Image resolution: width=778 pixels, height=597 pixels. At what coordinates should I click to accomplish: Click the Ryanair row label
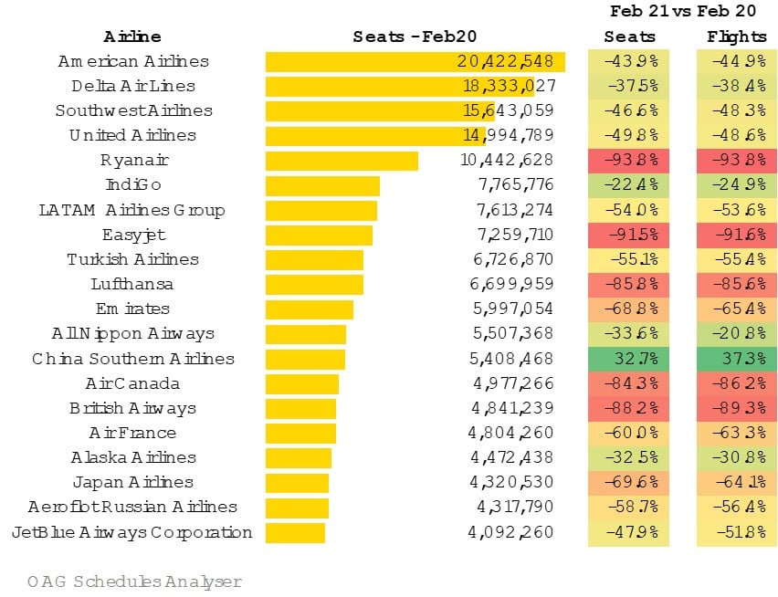point(135,161)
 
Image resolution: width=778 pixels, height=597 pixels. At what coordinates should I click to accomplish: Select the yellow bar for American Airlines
point(415,62)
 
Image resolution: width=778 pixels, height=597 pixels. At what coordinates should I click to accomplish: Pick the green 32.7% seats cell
point(630,359)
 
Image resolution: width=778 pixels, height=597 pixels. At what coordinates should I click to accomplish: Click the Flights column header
point(736,37)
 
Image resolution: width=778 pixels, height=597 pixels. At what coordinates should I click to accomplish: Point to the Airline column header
point(132,37)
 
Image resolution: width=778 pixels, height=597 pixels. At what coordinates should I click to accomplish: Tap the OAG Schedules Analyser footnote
point(134,581)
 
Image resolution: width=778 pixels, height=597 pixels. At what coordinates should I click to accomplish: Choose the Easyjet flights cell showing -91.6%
point(736,236)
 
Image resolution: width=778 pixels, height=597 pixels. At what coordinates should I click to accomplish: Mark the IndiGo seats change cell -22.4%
point(630,185)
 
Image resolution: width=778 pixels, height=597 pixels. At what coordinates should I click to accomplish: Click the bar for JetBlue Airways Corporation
point(295,532)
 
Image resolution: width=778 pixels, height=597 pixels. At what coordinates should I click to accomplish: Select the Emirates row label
point(132,309)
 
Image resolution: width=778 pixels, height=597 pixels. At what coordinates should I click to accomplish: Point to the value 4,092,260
point(510,532)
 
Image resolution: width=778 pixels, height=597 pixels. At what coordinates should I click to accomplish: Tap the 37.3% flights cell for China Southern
point(736,359)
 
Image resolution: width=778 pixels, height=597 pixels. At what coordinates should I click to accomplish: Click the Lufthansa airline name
point(133,284)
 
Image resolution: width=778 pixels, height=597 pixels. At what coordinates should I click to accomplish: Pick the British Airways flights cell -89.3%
point(736,408)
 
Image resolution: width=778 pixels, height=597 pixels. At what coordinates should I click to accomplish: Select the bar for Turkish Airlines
point(314,259)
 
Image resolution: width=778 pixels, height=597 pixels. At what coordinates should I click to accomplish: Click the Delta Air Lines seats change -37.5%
point(630,87)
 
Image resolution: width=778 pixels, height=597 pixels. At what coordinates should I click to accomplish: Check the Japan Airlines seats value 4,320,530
point(510,482)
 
